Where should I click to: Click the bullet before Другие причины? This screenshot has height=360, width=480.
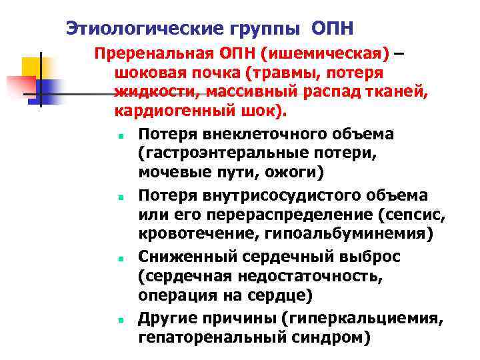[x=116, y=320]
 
